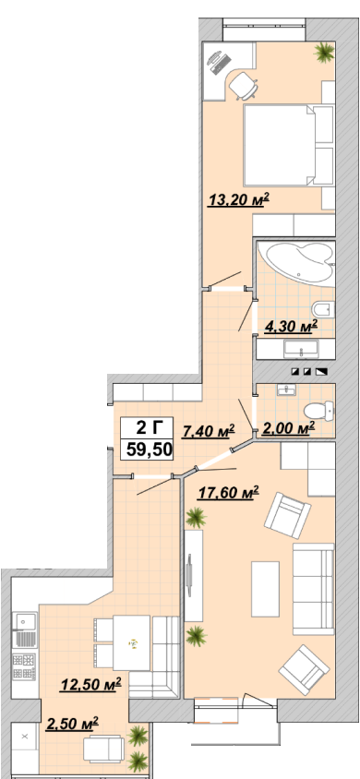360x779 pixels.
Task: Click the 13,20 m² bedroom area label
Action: [238, 200]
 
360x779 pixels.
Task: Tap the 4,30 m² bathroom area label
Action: [291, 326]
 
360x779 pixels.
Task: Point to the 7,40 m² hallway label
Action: [209, 432]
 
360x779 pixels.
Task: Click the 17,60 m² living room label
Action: [229, 493]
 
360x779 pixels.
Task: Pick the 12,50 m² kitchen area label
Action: [91, 685]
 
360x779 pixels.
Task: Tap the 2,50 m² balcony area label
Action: [72, 723]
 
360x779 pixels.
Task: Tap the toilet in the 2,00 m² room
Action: [318, 411]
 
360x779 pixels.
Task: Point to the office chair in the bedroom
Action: [244, 85]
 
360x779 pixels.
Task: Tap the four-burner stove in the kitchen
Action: [24, 666]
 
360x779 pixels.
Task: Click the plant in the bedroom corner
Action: [324, 52]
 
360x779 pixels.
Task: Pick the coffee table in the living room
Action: [265, 589]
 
